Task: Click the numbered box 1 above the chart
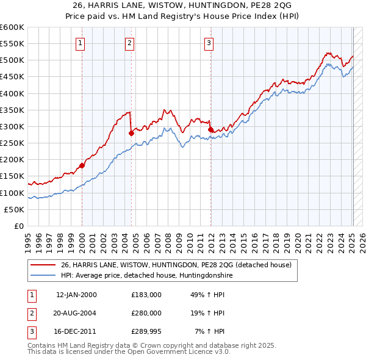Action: [81, 43]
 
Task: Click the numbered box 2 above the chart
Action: [131, 43]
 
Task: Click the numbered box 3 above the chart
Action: [209, 43]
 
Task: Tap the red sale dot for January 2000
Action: [82, 165]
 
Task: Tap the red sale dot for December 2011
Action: [210, 129]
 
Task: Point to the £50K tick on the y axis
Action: [14, 209]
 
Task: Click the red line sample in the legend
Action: [42, 265]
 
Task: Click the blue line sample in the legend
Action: [42, 275]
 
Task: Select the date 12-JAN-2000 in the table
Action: [76, 294]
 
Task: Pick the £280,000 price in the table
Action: [146, 313]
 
